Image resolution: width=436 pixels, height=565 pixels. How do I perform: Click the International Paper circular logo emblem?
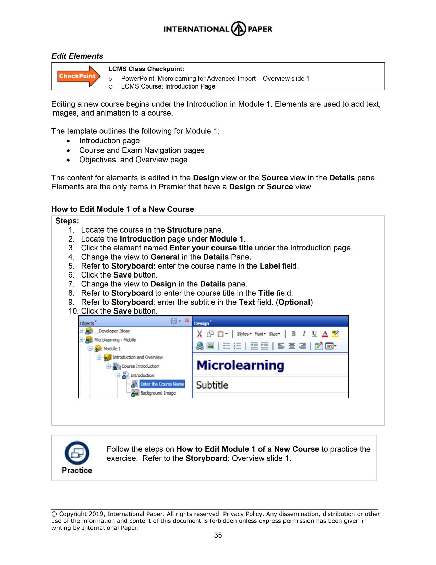(238, 29)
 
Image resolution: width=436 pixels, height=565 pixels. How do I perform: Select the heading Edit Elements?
(77, 56)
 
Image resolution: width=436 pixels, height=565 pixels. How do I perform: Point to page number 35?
(218, 535)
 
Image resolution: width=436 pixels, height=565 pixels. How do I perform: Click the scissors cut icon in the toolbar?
(199, 334)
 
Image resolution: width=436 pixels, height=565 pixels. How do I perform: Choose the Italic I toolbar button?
(304, 334)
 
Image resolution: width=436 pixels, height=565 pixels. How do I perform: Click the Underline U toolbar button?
(314, 334)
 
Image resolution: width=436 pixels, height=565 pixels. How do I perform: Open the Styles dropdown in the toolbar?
(244, 334)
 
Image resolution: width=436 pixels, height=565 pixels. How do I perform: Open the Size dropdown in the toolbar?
(275, 334)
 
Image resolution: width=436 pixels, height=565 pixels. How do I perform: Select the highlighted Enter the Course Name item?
(162, 384)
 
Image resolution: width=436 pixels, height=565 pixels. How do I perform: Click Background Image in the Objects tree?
(158, 393)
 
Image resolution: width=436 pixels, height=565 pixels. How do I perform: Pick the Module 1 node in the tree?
(112, 349)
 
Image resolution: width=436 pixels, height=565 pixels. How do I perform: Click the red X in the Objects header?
(187, 320)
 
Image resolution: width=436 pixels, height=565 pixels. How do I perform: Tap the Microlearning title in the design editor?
(240, 365)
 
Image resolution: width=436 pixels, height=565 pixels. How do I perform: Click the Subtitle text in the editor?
(212, 385)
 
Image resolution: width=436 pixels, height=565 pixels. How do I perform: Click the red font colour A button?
(325, 334)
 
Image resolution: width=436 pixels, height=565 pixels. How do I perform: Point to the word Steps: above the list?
(67, 221)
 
